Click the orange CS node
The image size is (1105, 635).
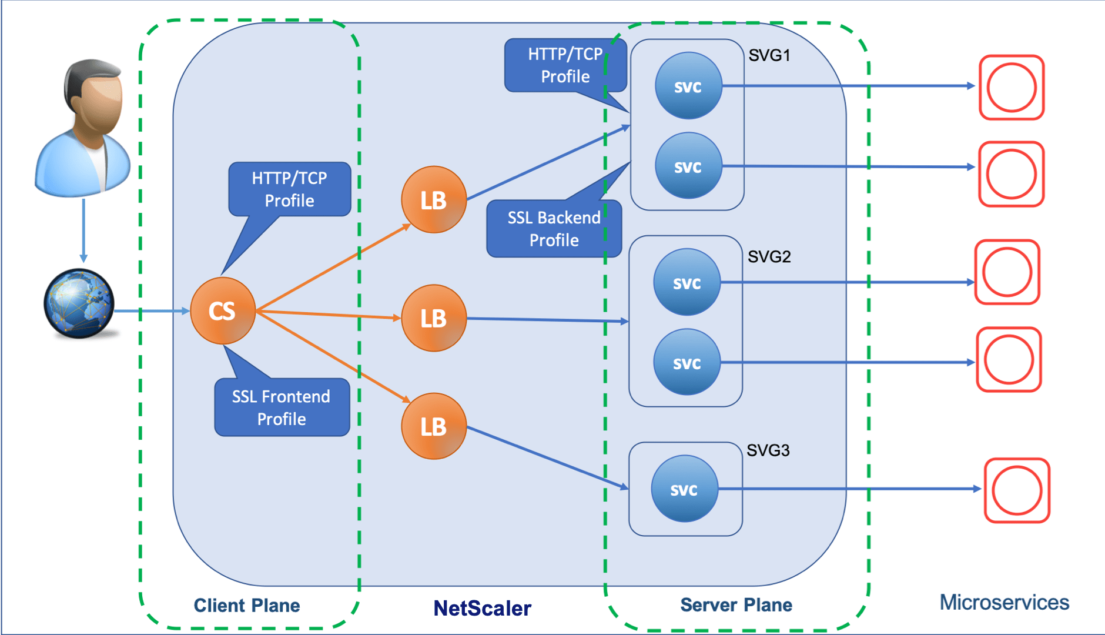[223, 310]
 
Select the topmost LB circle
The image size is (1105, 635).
[434, 200]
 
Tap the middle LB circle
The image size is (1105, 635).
[434, 318]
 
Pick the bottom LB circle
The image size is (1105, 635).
[434, 426]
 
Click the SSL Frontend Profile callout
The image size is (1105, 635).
[282, 407]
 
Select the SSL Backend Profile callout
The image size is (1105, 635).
[554, 229]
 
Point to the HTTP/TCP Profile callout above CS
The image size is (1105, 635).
[289, 189]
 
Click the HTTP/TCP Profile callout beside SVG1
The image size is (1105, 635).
[565, 65]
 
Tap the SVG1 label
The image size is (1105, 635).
[769, 55]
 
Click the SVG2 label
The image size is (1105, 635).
[769, 256]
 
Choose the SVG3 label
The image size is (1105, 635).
[768, 450]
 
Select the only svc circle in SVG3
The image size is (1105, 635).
[684, 489]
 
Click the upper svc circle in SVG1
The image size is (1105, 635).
[688, 86]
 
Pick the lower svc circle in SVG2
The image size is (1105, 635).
[687, 362]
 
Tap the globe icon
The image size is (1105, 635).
[79, 303]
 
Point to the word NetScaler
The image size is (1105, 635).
[482, 608]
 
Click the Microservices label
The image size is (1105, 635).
[1004, 602]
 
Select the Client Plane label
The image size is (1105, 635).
[247, 605]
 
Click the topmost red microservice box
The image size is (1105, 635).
[1011, 88]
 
